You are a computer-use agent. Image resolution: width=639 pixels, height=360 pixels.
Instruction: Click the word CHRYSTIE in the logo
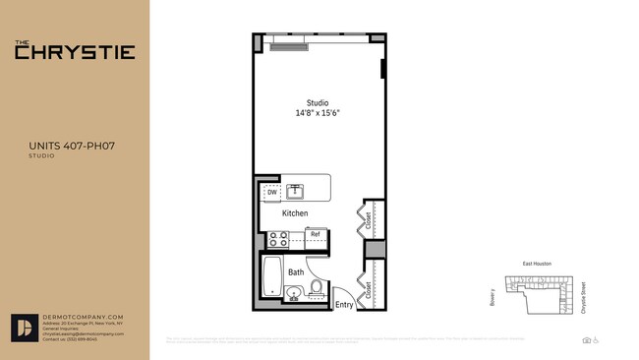(x=75, y=52)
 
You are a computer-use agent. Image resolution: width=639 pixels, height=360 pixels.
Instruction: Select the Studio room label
(x=318, y=103)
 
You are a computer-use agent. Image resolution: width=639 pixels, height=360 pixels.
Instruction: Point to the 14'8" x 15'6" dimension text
(x=318, y=113)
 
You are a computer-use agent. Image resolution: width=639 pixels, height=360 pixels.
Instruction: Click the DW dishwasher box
(x=271, y=193)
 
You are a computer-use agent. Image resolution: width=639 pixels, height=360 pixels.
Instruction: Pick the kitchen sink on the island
(x=295, y=190)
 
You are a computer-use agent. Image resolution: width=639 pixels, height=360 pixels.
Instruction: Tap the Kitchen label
(x=295, y=213)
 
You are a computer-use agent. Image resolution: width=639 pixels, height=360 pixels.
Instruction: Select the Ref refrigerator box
(x=316, y=234)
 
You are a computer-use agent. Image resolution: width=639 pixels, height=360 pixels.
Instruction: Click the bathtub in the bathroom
(x=271, y=276)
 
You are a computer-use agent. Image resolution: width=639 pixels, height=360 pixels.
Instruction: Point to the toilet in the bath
(x=317, y=288)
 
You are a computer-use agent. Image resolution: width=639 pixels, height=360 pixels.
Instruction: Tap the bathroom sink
(x=293, y=291)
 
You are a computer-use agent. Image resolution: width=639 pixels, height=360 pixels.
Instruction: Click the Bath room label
(x=296, y=271)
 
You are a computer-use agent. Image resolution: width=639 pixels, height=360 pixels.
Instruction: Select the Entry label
(x=344, y=305)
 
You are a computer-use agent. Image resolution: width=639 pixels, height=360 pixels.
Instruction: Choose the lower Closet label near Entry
(x=368, y=289)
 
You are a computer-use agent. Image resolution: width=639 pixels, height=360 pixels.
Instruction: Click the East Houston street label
(x=539, y=264)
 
